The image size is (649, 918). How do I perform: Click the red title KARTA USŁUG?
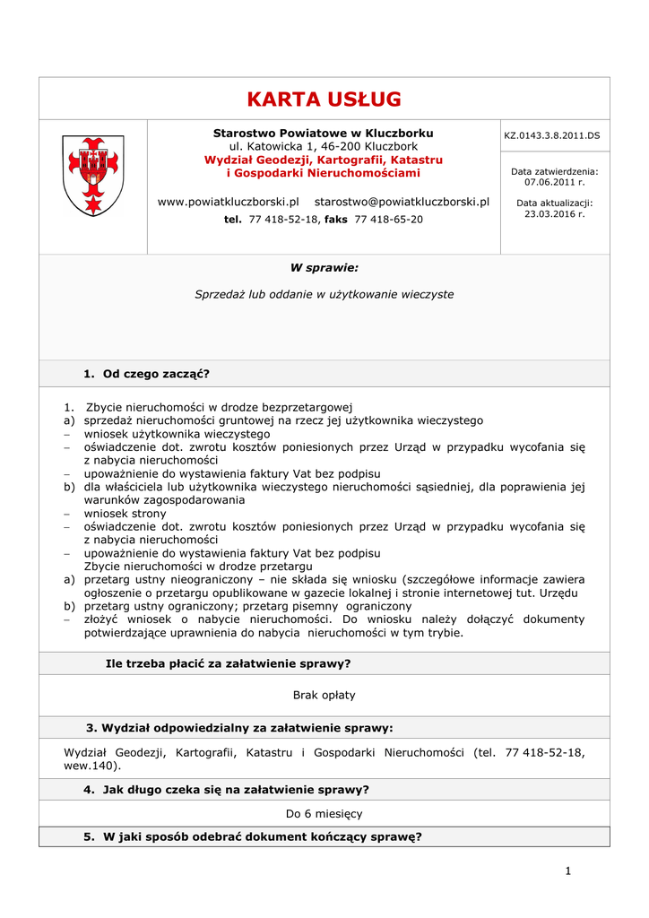point(324,100)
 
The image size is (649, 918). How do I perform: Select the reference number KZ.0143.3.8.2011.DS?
point(551,135)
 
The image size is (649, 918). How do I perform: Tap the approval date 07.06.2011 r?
point(554,182)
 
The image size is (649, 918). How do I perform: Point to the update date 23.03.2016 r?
point(554,214)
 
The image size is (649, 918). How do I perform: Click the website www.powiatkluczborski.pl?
point(228,202)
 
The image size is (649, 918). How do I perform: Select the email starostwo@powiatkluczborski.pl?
point(402,202)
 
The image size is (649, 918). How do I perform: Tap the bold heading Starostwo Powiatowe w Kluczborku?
point(323,133)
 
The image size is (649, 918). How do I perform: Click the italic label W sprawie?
point(324,267)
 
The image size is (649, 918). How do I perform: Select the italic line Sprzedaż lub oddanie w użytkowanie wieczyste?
point(324,294)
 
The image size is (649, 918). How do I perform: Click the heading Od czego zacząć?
point(156,373)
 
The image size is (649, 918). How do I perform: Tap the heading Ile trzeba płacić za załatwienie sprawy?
point(228,663)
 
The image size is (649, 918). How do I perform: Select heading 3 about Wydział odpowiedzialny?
point(238,728)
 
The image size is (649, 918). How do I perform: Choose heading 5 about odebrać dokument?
point(252,837)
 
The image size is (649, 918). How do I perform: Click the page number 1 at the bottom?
point(567,870)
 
